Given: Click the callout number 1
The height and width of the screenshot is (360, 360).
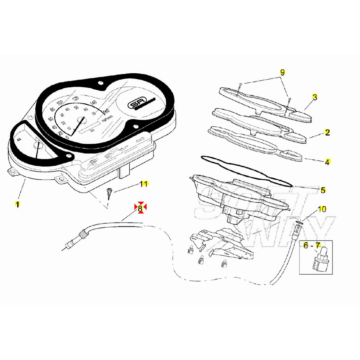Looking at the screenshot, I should pyautogui.click(x=17, y=205).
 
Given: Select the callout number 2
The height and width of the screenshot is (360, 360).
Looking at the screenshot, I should pyautogui.click(x=327, y=132).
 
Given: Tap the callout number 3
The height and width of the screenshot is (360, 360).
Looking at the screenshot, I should pyautogui.click(x=315, y=97).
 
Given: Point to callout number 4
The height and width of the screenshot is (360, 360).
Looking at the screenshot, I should pyautogui.click(x=327, y=162).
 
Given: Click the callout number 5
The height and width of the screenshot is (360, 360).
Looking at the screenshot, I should pyautogui.click(x=323, y=190).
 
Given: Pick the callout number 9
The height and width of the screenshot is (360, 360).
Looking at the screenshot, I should pyautogui.click(x=282, y=72).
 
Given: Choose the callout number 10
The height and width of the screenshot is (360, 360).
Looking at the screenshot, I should pyautogui.click(x=322, y=209).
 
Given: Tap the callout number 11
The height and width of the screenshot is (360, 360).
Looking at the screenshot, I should pyautogui.click(x=143, y=184).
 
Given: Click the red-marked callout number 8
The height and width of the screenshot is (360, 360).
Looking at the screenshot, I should pyautogui.click(x=140, y=208).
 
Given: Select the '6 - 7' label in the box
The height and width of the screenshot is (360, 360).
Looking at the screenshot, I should pyautogui.click(x=312, y=245).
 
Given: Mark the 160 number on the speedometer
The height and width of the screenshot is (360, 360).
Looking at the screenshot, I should pyautogui.click(x=106, y=112).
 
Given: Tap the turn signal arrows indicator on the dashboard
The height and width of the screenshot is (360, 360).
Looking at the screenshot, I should pyautogui.click(x=141, y=139).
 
